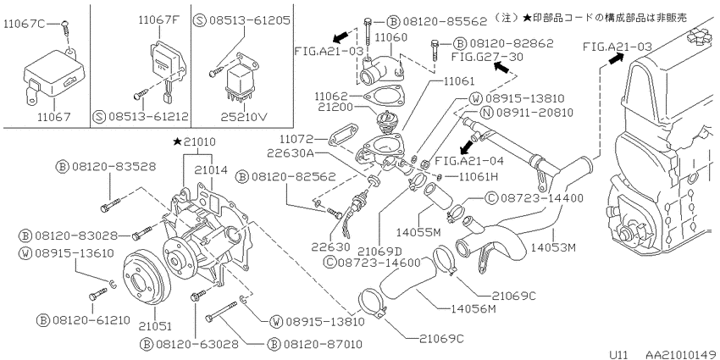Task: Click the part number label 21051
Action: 155,326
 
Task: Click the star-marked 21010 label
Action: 194,142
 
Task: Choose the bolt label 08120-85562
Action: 443,21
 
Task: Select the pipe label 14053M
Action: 553,247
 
